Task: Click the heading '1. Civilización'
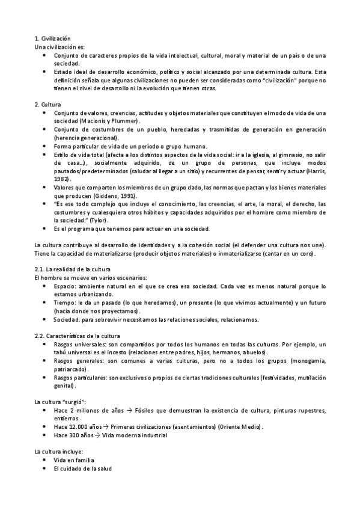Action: (x=52, y=38)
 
